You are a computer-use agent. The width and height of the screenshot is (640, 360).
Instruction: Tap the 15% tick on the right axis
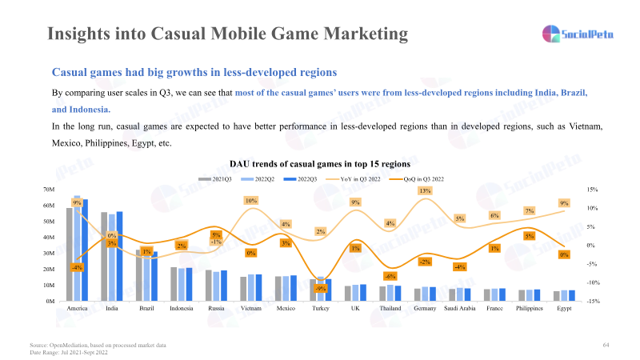(x=593, y=190)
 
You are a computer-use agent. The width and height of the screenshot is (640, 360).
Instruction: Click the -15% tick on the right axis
(x=593, y=302)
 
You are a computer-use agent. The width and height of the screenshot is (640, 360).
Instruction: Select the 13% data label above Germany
(x=425, y=191)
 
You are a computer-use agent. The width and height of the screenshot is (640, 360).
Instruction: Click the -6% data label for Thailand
(x=390, y=276)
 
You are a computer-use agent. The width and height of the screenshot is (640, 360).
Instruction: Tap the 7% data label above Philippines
(x=529, y=210)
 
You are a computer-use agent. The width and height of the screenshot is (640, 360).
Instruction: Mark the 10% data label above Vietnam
(x=250, y=201)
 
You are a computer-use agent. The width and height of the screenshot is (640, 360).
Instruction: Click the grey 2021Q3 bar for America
(x=70, y=254)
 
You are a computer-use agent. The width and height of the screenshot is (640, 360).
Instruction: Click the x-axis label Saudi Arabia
(x=459, y=309)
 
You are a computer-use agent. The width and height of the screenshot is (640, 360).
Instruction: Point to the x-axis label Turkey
(x=320, y=309)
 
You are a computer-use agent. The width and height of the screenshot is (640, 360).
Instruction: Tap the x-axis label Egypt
(x=564, y=309)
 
